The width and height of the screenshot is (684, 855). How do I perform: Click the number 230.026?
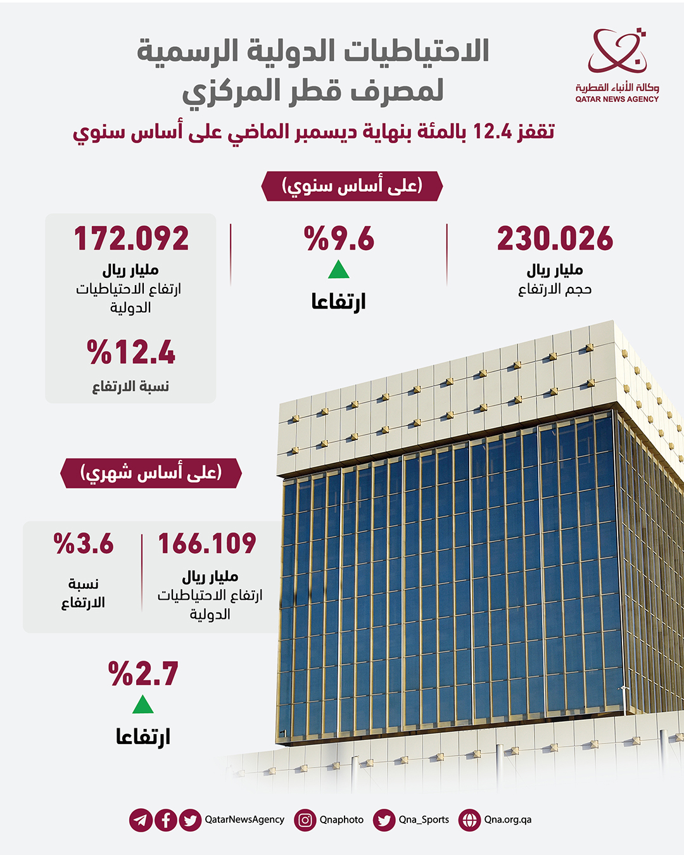(555, 239)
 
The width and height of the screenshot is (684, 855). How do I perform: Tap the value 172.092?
(131, 239)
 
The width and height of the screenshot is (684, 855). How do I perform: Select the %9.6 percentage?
(339, 239)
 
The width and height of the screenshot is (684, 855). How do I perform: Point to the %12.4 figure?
(131, 352)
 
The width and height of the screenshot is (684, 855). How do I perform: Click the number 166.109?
(207, 544)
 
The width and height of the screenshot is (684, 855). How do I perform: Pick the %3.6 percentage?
(84, 544)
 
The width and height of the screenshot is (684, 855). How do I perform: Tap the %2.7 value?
(143, 674)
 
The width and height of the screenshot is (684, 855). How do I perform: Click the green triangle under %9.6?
(339, 270)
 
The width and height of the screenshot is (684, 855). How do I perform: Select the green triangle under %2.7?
(143, 705)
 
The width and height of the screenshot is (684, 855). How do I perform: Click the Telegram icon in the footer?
(141, 820)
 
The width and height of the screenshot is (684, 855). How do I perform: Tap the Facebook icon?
(165, 820)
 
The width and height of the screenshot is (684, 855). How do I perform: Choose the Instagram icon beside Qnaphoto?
(305, 820)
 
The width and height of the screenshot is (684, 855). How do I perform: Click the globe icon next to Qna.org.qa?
(469, 820)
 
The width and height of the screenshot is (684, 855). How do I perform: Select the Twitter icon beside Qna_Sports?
(384, 820)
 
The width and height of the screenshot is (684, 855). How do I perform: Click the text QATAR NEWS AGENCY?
(617, 99)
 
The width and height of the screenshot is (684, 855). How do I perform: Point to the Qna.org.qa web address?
(508, 820)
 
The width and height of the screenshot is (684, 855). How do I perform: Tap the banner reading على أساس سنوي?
(351, 186)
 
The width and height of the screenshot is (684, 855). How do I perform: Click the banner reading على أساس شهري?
(151, 473)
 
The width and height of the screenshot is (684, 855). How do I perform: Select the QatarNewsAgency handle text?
(244, 820)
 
